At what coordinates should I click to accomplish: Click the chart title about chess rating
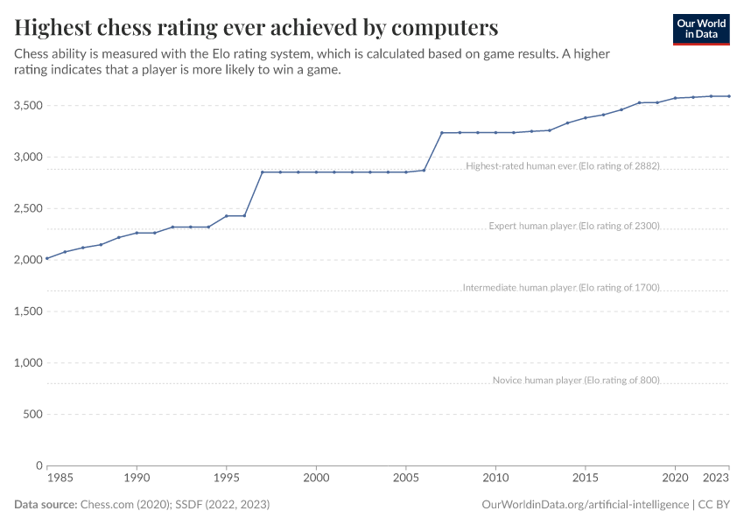click(256, 27)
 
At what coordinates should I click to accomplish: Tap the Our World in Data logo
click(700, 29)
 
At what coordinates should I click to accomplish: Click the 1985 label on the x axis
click(60, 479)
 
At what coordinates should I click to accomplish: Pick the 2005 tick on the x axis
click(405, 479)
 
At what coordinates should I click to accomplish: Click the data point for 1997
click(262, 172)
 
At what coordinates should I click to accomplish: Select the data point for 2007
click(441, 133)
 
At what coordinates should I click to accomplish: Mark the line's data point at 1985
click(46, 259)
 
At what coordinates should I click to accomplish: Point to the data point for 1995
click(226, 216)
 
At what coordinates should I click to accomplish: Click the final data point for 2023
click(729, 96)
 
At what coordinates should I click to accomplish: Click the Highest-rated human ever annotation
click(562, 165)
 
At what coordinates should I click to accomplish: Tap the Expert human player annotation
click(573, 226)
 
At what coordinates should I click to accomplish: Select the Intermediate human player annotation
click(560, 287)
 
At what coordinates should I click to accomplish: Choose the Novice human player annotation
click(575, 380)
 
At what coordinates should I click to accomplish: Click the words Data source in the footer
click(45, 505)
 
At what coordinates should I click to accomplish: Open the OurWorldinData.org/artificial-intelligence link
click(585, 505)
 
